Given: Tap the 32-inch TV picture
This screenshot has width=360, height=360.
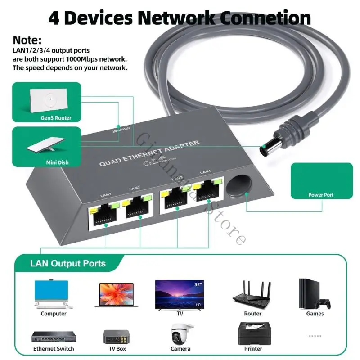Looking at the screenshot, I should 179,294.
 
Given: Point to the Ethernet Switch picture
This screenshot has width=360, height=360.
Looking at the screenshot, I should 53,337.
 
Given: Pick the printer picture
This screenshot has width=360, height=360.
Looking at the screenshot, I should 253,333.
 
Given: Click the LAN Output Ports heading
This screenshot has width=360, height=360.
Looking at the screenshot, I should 68,264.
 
